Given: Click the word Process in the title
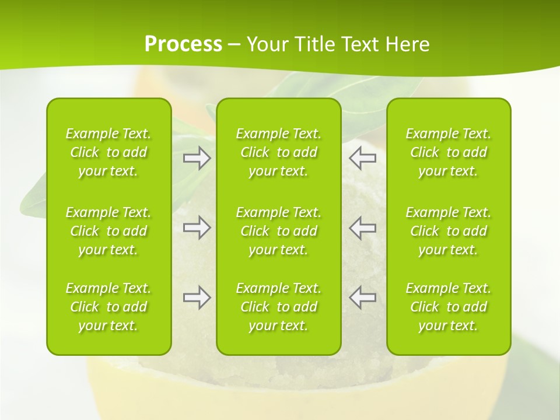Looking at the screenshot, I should click(x=183, y=44).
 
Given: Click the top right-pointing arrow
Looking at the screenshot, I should click(x=197, y=157).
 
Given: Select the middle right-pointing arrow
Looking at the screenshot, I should click(x=197, y=228).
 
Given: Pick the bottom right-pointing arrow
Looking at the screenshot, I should click(x=197, y=297).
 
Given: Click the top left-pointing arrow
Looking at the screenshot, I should click(x=363, y=157).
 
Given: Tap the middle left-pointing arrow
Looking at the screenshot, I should click(x=363, y=228).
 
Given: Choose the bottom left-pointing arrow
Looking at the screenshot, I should click(x=363, y=297).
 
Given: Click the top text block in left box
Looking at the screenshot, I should click(x=108, y=152).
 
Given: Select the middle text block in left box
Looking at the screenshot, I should click(x=108, y=231).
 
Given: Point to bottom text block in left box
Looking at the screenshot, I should click(x=108, y=307).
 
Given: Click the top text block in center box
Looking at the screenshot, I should click(x=279, y=152).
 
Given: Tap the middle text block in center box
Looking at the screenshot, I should click(x=279, y=231).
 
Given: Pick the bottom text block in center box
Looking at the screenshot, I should click(x=279, y=307).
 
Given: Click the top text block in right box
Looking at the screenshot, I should click(x=449, y=152).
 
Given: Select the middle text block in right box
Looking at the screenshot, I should click(x=449, y=231).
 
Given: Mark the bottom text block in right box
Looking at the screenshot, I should click(x=449, y=307).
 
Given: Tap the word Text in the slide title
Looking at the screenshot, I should click(x=357, y=44).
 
